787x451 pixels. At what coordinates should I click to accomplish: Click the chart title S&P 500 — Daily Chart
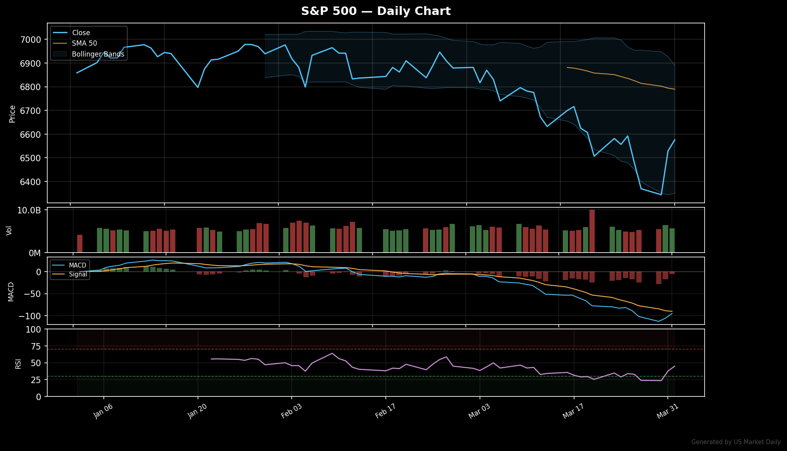(376, 11)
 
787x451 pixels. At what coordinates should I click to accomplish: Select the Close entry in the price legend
(81, 33)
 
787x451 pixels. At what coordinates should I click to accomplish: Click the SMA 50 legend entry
(84, 43)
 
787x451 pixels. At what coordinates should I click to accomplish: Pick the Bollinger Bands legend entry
(98, 54)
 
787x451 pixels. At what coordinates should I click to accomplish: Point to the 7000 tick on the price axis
(31, 40)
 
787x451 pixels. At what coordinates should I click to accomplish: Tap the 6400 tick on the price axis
(31, 182)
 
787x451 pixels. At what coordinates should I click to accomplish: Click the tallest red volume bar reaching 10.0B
(592, 231)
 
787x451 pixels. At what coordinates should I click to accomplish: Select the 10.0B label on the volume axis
(29, 211)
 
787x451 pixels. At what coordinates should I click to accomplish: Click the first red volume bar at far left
(80, 243)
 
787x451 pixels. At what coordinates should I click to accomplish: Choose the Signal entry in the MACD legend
(78, 274)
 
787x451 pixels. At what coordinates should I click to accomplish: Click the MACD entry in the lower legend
(78, 266)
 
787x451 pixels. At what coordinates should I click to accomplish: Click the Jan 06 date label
(103, 411)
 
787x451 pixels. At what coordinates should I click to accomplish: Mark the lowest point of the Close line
(661, 195)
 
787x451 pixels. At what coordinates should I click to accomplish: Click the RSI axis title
(18, 363)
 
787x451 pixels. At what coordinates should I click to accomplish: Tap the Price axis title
(13, 114)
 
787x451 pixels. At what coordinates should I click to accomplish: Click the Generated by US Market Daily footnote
(736, 442)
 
